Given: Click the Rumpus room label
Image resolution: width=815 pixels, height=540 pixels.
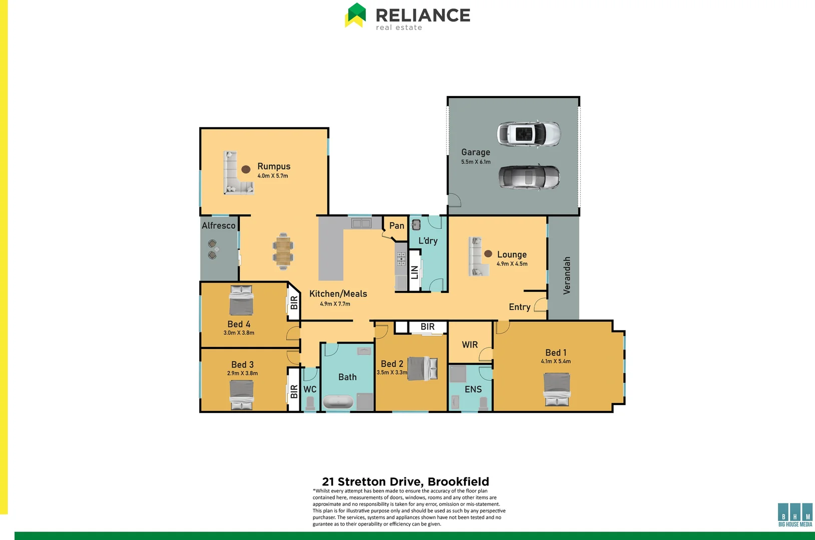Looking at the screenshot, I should pyautogui.click(x=273, y=166).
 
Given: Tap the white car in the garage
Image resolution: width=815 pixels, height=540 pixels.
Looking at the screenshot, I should pyautogui.click(x=528, y=133).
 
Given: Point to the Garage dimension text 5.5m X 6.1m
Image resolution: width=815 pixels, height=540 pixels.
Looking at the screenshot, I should pyautogui.click(x=476, y=162).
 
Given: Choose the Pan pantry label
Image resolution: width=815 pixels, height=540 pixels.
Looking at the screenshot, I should pyautogui.click(x=396, y=225).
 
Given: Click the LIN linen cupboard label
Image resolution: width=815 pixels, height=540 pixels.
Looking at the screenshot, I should pyautogui.click(x=415, y=272).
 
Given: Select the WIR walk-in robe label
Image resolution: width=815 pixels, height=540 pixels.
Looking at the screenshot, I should pyautogui.click(x=470, y=344).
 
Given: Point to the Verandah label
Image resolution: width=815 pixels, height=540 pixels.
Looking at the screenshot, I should pyautogui.click(x=567, y=275).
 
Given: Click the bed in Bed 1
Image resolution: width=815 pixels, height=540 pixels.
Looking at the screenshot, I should pyautogui.click(x=557, y=389).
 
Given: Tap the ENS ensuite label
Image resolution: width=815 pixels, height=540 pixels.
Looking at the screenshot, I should pyautogui.click(x=473, y=389).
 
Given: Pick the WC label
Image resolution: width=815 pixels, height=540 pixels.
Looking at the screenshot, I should pyautogui.click(x=310, y=389).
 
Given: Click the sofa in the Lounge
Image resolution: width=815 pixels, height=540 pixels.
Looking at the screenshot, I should pyautogui.click(x=478, y=256).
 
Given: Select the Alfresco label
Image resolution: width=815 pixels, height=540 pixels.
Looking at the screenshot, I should pyautogui.click(x=219, y=225).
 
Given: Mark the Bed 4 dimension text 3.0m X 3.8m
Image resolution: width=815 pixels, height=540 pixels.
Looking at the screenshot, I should pyautogui.click(x=239, y=333).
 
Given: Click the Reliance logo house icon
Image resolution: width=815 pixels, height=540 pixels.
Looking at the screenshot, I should pyautogui.click(x=355, y=15).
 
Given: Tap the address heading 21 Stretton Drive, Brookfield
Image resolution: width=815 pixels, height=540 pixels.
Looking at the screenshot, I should pyautogui.click(x=405, y=481).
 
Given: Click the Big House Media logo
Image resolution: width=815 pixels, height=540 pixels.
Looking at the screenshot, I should pyautogui.click(x=795, y=514).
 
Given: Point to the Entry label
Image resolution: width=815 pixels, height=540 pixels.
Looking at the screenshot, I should pyautogui.click(x=519, y=307).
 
